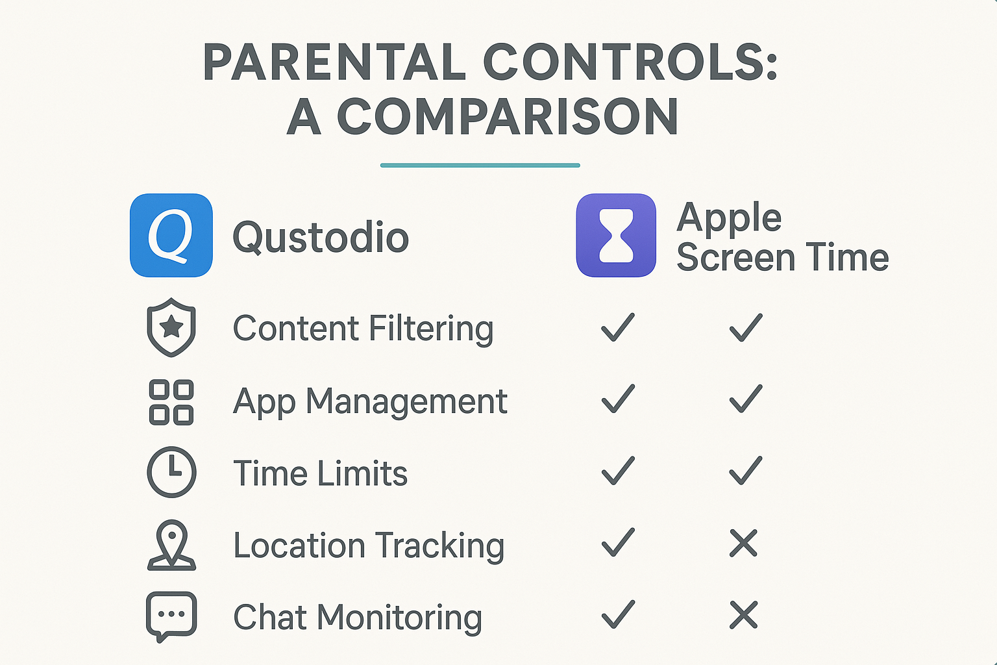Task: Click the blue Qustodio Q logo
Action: [x=171, y=235]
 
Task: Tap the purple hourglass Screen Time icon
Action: [x=616, y=235]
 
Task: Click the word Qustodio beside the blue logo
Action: [x=321, y=238]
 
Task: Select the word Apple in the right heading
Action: [x=729, y=218]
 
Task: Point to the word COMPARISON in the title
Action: [x=508, y=118]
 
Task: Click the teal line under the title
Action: [x=480, y=166]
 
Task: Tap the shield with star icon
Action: [x=171, y=327]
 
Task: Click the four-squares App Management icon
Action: [x=171, y=402]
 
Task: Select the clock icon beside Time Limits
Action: [x=171, y=472]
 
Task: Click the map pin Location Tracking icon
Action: [x=171, y=546]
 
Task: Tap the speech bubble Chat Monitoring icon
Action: [x=171, y=616]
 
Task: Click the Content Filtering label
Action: [x=363, y=329]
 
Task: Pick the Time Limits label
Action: [x=320, y=473]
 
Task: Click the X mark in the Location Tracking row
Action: [x=744, y=544]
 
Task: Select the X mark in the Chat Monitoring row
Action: [x=744, y=615]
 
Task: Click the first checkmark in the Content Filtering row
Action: [x=617, y=327]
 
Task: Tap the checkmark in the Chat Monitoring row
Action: [x=617, y=614]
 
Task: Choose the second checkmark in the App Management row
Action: [x=745, y=399]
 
